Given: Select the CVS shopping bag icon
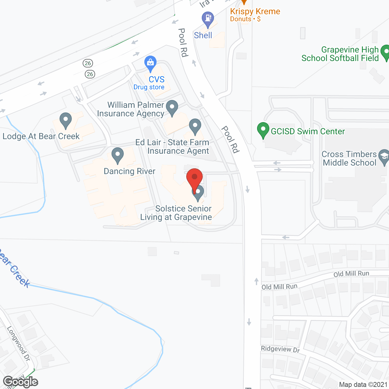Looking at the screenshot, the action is pos(150,63).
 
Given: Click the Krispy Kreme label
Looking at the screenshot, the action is pos(255,12).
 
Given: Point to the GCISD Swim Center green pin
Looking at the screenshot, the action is pos(263,130).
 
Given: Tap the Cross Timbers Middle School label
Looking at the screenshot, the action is pos(349,158).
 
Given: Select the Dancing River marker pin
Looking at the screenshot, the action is pos(118,155).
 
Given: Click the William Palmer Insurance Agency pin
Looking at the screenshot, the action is pos(172,108).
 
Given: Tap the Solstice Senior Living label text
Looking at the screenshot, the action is pos(176,213).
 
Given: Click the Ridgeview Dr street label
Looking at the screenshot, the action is pos(280,349).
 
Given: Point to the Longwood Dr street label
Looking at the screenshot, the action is pos(19,343).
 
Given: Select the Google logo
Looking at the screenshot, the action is pos(20,382).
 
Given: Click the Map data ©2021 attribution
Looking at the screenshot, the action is pos(363,384).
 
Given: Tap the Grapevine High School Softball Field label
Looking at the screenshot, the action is pos(340,54).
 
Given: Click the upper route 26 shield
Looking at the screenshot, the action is pos(88,63).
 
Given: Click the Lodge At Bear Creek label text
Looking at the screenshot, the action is pos(41,136).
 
